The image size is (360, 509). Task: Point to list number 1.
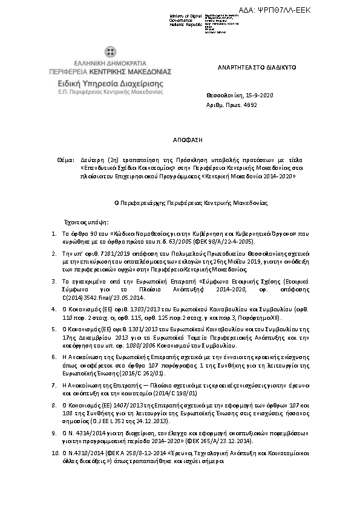54,233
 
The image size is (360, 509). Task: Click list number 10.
56,451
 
